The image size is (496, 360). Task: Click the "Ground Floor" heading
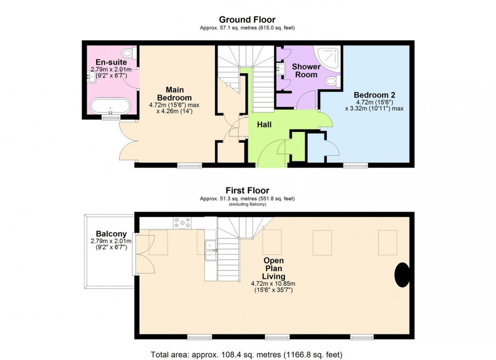tap(247, 20)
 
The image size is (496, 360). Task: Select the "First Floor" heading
tap(247, 191)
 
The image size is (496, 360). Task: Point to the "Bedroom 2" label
tap(374, 95)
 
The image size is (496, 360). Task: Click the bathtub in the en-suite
tap(110, 106)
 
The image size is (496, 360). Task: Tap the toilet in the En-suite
tap(128, 53)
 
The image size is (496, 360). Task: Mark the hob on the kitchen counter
tap(181, 222)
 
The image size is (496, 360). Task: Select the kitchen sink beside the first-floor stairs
tap(211, 251)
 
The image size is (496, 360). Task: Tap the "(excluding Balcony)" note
tap(247, 204)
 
